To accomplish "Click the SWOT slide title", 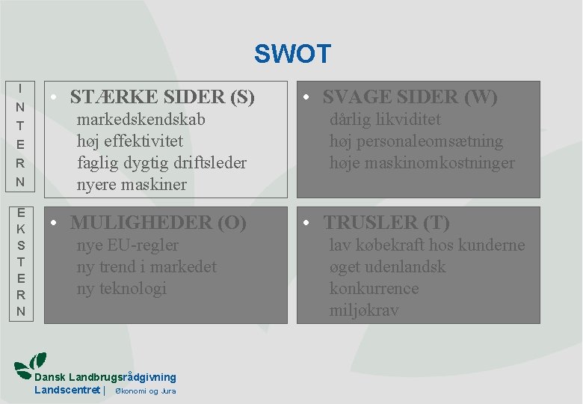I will pyautogui.click(x=291, y=54).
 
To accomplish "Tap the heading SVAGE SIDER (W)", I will pyautogui.click(x=410, y=97).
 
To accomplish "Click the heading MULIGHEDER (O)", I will pyautogui.click(x=158, y=223).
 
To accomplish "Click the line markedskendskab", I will pyautogui.click(x=141, y=120).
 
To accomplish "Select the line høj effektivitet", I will pyautogui.click(x=130, y=141).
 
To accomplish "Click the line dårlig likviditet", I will pyautogui.click(x=385, y=120).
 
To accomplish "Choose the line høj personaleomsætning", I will pyautogui.click(x=416, y=141).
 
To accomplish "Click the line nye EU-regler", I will pyautogui.click(x=128, y=245).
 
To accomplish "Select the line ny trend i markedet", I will pyautogui.click(x=146, y=267).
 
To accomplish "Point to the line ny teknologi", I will pyautogui.click(x=122, y=289).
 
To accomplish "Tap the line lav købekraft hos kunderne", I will pyautogui.click(x=427, y=245).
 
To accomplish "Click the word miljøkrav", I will pyautogui.click(x=364, y=310).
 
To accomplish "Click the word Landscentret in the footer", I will pyautogui.click(x=67, y=390).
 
